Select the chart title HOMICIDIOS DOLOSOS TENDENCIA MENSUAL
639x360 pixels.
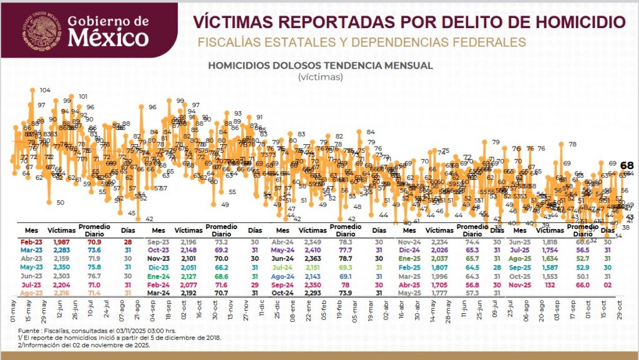pos(320,65)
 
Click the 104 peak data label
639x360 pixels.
pos(45,90)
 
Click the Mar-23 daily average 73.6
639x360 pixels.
pos(89,250)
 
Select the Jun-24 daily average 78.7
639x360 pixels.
pos(344,259)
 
